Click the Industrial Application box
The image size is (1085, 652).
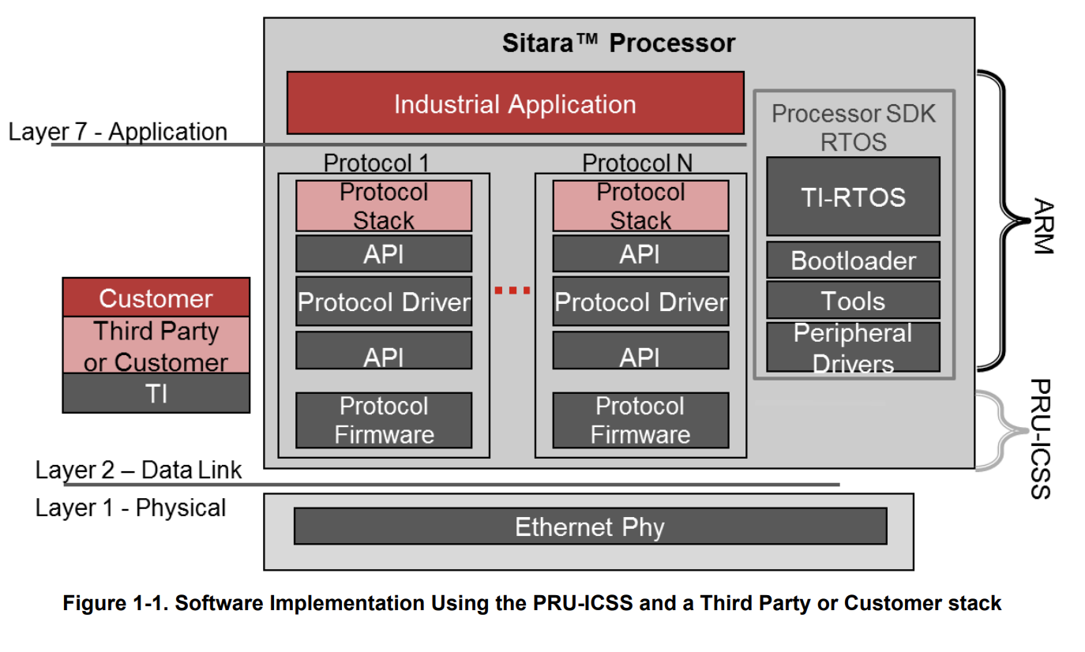[515, 103]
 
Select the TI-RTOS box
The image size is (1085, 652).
[853, 197]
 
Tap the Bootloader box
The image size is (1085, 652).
[853, 260]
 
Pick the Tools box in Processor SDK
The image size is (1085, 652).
[853, 301]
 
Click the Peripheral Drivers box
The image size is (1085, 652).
[853, 347]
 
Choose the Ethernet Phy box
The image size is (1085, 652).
[590, 526]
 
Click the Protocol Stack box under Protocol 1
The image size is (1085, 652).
[384, 206]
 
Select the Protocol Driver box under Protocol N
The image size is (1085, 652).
[640, 302]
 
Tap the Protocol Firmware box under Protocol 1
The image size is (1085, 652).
[384, 420]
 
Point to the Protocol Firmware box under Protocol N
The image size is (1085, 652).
[640, 420]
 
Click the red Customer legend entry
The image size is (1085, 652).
[156, 298]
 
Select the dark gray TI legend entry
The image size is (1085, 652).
[156, 392]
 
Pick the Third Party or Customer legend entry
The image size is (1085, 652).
[156, 346]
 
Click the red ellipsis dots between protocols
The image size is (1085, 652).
[512, 290]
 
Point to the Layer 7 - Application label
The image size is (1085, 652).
[118, 132]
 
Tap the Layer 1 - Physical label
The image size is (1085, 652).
[130, 508]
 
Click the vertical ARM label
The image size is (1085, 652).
[1042, 226]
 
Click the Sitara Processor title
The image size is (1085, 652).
[618, 43]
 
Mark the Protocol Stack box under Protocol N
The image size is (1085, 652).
[640, 206]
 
